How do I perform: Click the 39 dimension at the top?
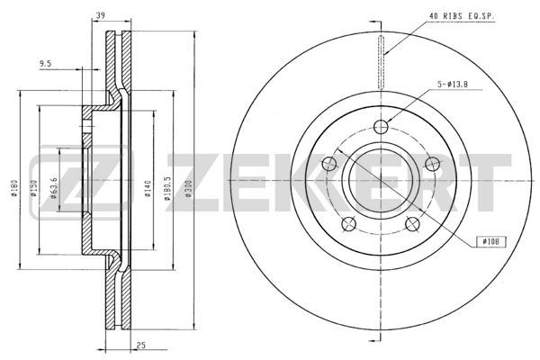point(100,15)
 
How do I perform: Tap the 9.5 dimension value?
point(45,63)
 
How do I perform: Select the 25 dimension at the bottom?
point(141,345)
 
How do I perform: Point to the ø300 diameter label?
point(188,188)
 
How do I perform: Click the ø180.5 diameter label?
point(167,189)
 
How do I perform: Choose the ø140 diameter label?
point(148,188)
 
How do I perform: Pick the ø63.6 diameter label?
point(53,188)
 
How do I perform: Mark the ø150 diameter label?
point(33,188)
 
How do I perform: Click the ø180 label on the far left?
point(13,188)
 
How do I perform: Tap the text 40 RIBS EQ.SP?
point(462,16)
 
